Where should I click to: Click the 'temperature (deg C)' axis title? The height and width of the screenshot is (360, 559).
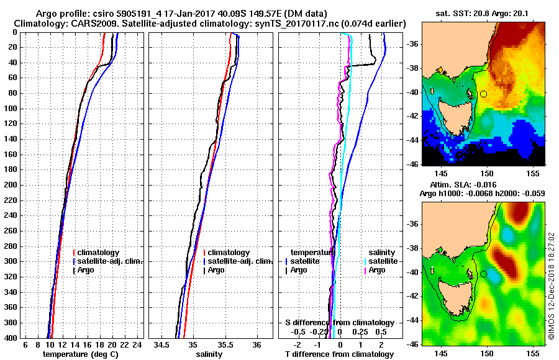[x=80, y=354]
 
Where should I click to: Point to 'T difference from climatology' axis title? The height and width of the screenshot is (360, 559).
[x=339, y=354]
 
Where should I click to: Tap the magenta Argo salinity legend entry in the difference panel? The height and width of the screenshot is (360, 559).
[x=377, y=270]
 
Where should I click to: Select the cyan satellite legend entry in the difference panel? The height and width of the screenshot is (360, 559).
[x=381, y=261]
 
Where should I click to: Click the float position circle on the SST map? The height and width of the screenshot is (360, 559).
[x=483, y=94]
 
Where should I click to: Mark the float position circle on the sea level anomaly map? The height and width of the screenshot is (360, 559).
[x=483, y=274]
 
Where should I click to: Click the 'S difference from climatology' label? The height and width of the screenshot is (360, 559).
[x=339, y=323]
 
